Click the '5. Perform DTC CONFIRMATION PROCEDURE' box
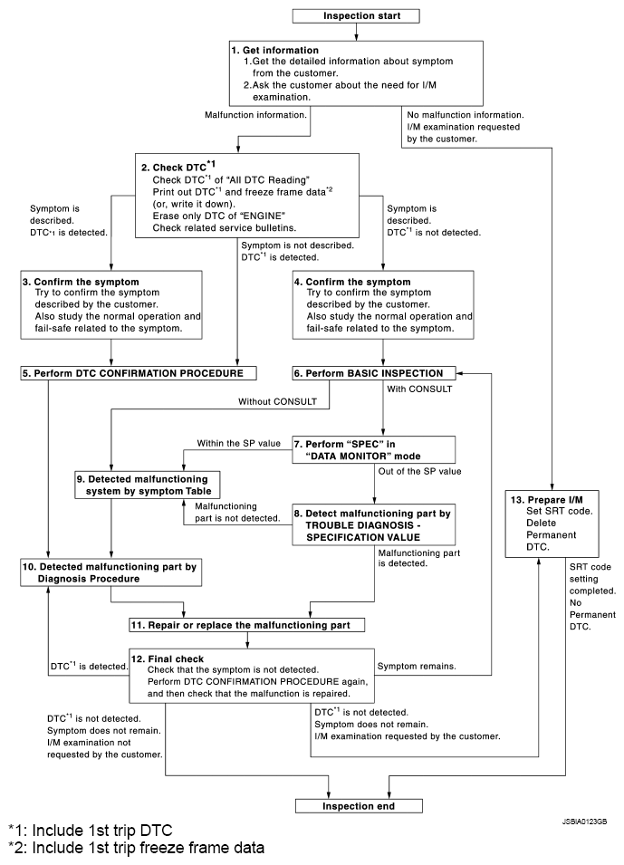pyautogui.click(x=138, y=372)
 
